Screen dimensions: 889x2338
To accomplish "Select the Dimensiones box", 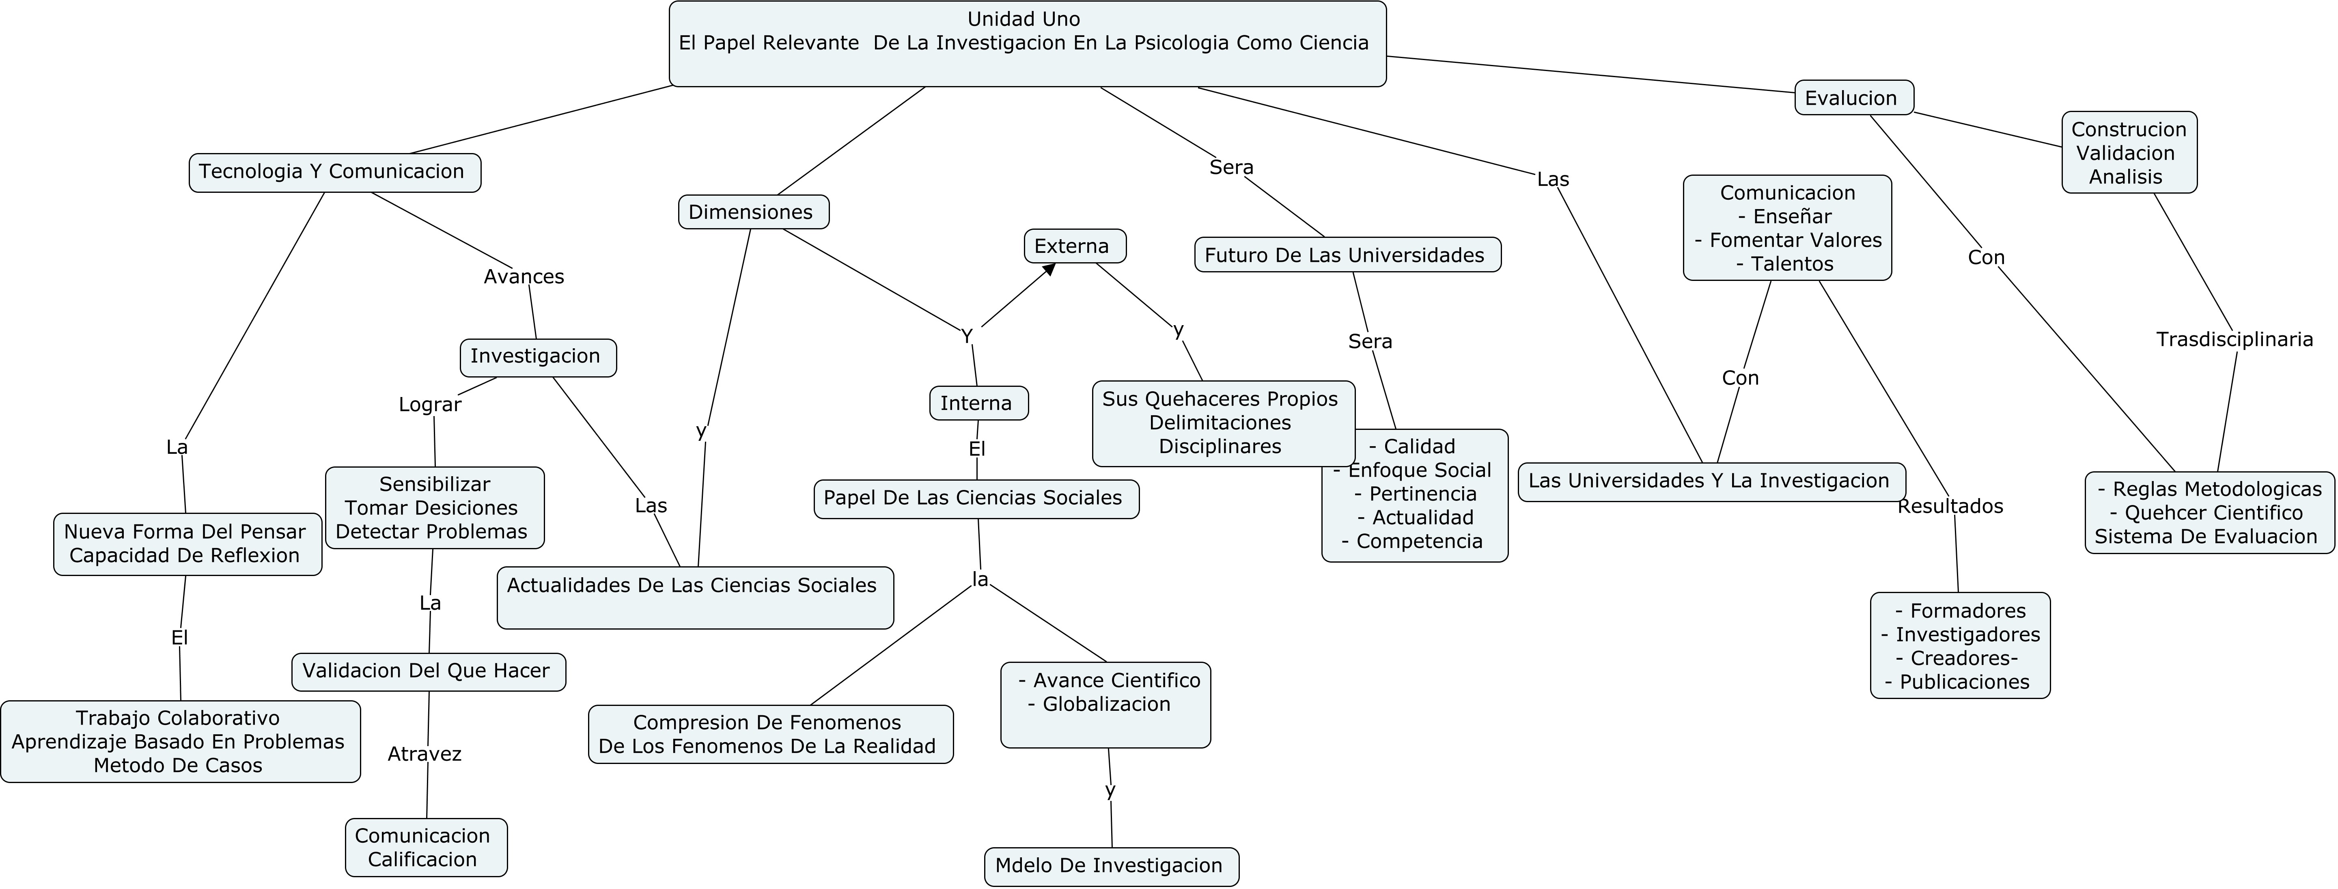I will [x=752, y=212].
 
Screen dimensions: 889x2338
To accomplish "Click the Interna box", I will [x=978, y=403].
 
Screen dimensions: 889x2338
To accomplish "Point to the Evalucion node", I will [x=1853, y=98].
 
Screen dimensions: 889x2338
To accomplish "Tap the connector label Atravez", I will [x=425, y=754].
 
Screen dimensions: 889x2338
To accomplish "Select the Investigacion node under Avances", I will [x=537, y=357].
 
